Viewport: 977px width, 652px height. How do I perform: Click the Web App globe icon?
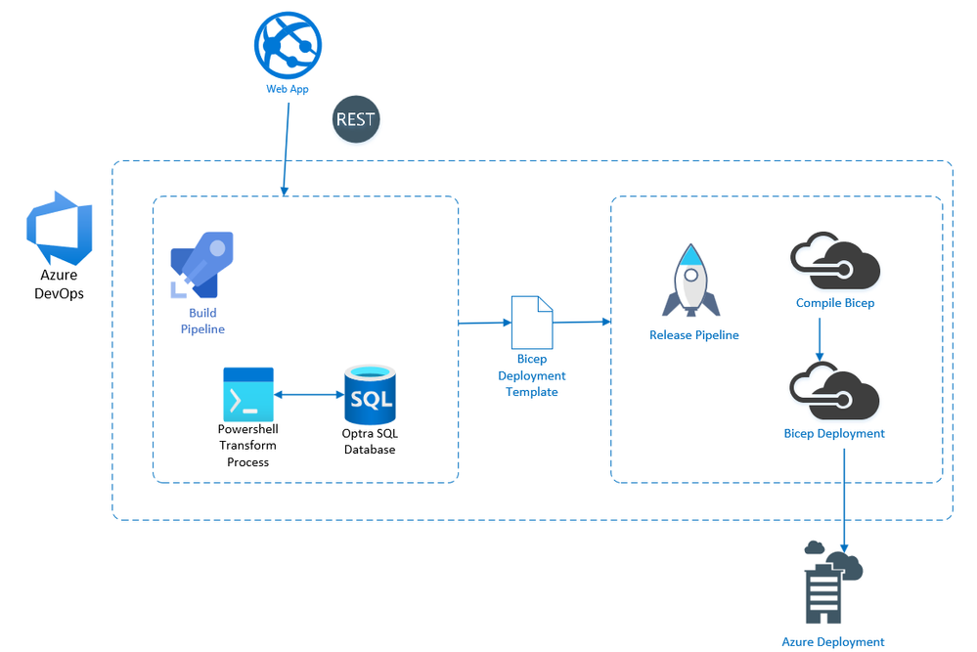click(288, 44)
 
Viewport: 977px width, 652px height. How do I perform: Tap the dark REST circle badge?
click(355, 120)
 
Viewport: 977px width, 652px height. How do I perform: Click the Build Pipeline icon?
click(202, 263)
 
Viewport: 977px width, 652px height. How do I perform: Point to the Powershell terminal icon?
click(248, 394)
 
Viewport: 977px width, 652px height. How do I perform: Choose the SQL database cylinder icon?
click(370, 393)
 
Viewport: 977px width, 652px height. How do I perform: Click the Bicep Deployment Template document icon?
click(532, 323)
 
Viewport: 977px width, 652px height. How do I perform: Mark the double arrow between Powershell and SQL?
click(308, 395)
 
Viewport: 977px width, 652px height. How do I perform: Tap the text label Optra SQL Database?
click(369, 441)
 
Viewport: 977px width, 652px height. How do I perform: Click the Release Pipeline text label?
click(694, 335)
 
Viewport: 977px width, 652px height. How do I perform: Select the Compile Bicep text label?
click(835, 303)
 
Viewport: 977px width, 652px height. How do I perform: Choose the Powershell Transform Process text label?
click(247, 446)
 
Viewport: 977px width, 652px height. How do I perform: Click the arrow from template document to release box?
click(582, 322)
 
